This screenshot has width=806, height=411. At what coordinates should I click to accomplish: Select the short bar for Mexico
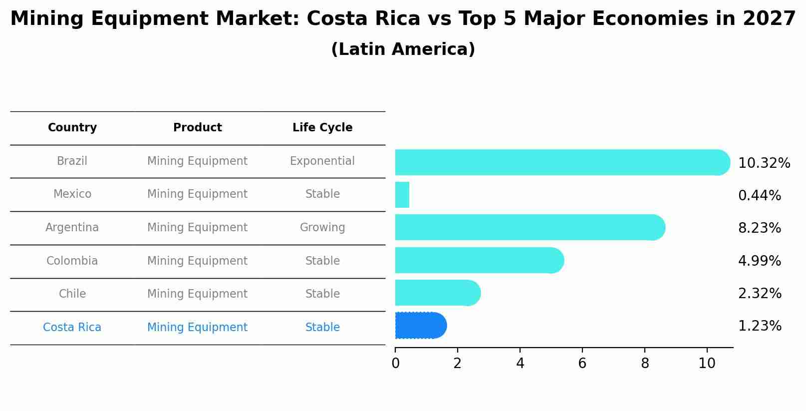coord(402,195)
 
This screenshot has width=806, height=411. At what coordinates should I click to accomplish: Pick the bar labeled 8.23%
coord(529,228)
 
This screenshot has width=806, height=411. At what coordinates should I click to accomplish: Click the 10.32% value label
coord(764,163)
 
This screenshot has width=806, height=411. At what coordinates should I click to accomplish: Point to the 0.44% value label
coord(759,196)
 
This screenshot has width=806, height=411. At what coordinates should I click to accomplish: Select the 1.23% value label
coord(759,326)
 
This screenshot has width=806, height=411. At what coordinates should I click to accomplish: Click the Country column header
coord(72,128)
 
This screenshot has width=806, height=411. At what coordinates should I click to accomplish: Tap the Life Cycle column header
coord(322,128)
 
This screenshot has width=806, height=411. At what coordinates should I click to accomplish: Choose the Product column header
coord(197,128)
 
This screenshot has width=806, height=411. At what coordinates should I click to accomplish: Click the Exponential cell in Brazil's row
coord(322,161)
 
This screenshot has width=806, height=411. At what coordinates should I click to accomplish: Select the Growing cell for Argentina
coord(322,228)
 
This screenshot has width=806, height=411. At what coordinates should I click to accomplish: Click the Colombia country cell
coord(72,261)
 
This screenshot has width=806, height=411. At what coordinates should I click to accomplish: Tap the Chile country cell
coord(72,294)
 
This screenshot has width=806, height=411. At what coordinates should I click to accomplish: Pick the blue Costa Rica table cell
coord(72,328)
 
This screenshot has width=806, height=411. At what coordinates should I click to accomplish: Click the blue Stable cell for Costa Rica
coord(322,328)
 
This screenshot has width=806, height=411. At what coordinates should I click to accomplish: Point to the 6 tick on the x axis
coord(582,363)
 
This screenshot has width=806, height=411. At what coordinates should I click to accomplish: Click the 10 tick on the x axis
coord(707,363)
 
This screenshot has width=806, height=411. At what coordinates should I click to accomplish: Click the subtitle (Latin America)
coord(403,49)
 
